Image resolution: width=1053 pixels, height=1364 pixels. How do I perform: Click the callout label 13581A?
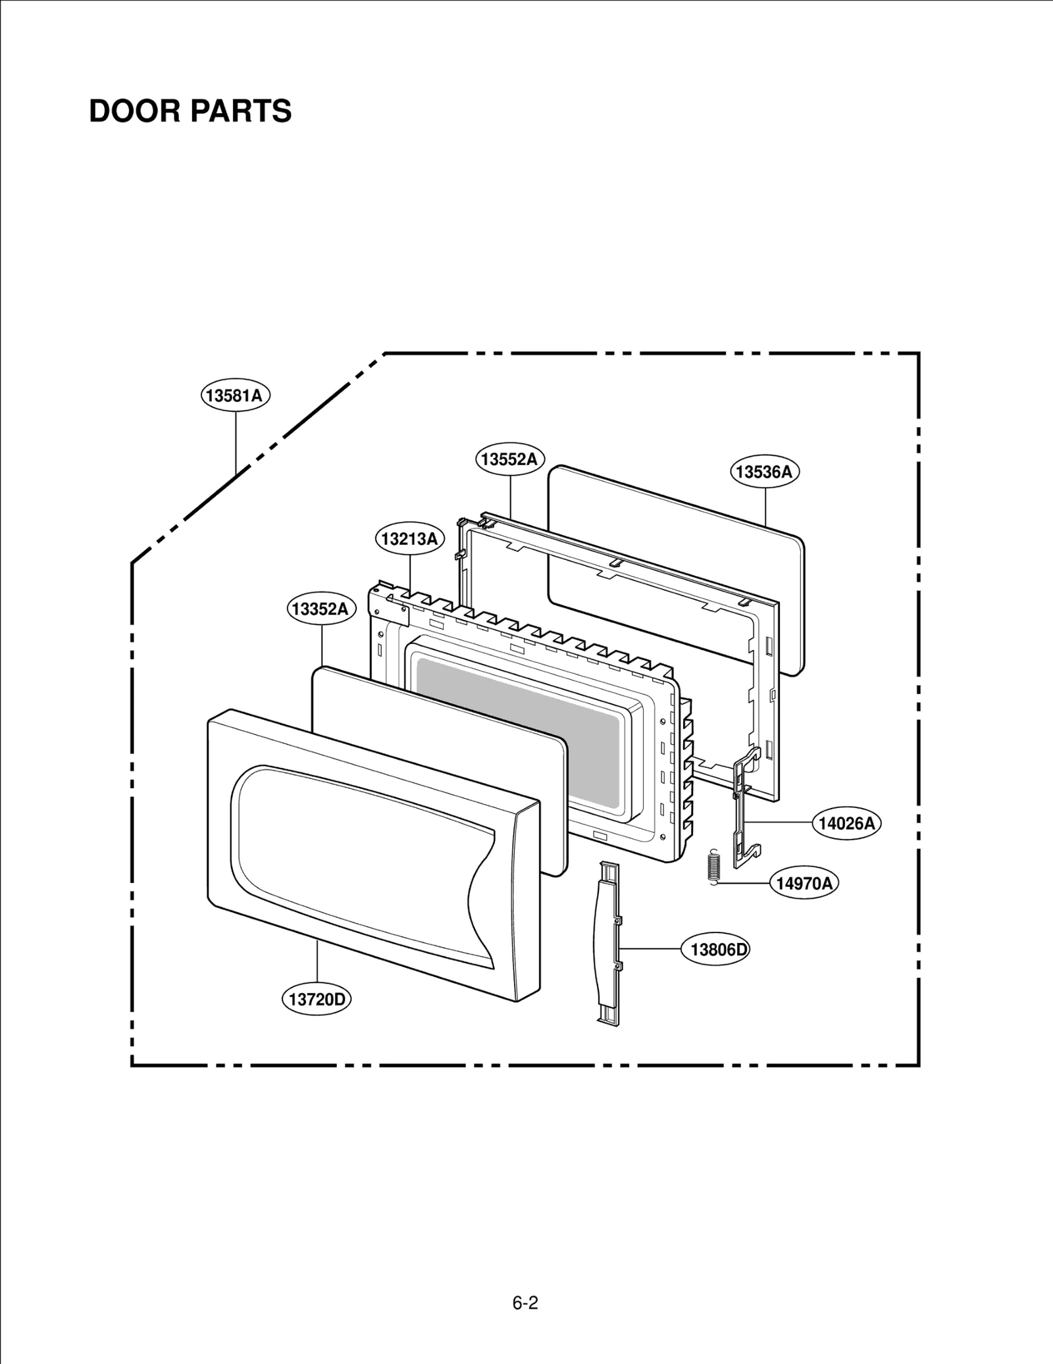(236, 395)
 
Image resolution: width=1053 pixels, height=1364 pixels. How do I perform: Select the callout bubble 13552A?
(510, 459)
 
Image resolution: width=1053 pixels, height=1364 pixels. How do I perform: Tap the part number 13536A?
(764, 472)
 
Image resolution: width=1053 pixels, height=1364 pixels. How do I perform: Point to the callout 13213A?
(409, 539)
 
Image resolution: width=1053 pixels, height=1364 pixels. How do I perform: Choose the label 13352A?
(321, 609)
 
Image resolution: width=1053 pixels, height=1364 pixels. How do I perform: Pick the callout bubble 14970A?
(804, 884)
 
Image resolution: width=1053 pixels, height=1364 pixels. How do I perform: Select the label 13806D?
(719, 949)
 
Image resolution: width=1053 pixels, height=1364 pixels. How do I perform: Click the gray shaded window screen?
(517, 724)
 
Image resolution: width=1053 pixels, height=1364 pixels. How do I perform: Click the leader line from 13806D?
(652, 949)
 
